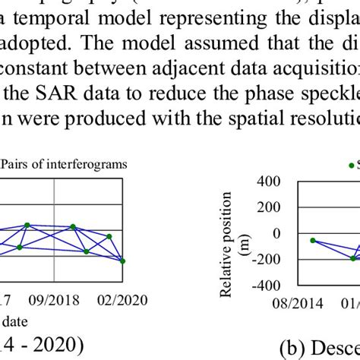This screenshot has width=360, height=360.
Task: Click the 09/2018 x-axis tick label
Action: [54, 300]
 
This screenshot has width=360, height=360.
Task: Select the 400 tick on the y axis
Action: [267, 182]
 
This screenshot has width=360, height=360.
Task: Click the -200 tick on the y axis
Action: [265, 259]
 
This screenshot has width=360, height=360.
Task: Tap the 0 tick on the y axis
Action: [276, 233]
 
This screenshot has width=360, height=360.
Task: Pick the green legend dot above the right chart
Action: [350, 164]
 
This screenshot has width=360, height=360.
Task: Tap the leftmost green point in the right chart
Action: [313, 240]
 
